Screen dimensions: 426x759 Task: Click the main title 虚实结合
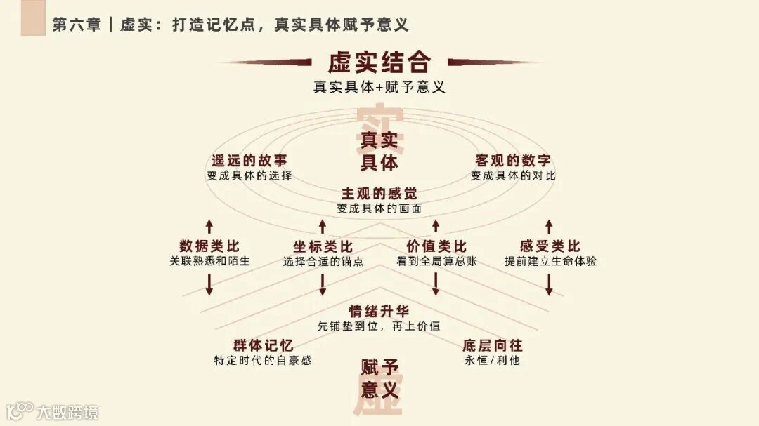[x=379, y=62]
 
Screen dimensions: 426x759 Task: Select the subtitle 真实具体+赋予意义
[x=379, y=88]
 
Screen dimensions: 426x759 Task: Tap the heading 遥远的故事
[x=249, y=161]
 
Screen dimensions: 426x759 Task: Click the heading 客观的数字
[x=513, y=161]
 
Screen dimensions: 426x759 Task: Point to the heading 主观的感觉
[x=379, y=194]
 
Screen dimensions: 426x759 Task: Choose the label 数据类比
[x=209, y=246]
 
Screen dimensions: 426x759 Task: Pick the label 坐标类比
[x=323, y=246]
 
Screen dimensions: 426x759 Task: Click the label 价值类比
[x=436, y=246]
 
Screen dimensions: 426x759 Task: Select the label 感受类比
[x=550, y=246]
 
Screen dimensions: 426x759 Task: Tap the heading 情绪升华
[x=379, y=311]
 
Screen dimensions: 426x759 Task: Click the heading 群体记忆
[x=263, y=345]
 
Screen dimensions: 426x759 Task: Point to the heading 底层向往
[x=492, y=345]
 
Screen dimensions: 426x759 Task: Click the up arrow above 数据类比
[x=209, y=226]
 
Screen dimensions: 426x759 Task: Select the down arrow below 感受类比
[x=550, y=284]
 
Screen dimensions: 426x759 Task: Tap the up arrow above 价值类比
[x=436, y=226]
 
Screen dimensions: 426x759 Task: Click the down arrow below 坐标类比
[x=323, y=284]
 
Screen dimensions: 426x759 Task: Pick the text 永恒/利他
[x=492, y=361]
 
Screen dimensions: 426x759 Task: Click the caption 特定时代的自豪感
[x=263, y=361]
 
